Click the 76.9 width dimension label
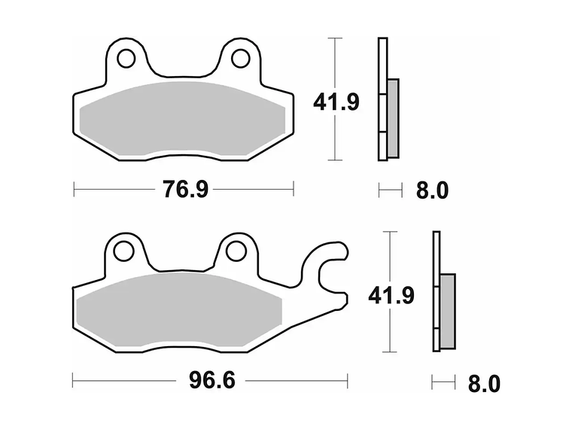click(185, 190)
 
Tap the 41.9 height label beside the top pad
click(336, 102)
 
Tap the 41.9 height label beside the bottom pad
click(391, 296)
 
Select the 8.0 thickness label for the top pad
click(432, 190)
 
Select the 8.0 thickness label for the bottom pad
click(484, 384)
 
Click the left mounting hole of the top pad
click(126, 59)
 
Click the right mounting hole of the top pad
click(241, 59)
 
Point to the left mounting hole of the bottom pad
click(123, 251)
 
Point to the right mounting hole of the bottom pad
click(236, 251)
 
